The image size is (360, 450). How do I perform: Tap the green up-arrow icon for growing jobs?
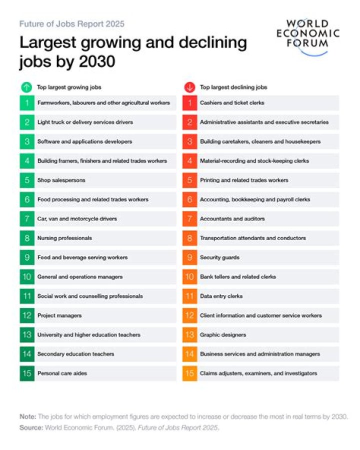click(26, 87)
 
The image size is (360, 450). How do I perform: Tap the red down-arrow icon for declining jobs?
click(189, 87)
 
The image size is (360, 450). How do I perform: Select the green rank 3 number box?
click(27, 142)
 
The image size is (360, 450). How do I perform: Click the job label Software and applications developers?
click(84, 142)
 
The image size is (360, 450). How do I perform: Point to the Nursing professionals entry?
click(64, 238)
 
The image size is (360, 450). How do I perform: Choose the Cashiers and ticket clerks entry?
click(232, 103)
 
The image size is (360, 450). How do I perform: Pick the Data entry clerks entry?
click(221, 296)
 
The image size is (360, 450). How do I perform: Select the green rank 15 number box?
click(27, 373)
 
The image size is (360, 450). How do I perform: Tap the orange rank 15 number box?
click(189, 373)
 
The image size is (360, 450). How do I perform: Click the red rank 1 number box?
click(189, 103)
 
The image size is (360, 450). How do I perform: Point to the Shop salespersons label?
click(61, 180)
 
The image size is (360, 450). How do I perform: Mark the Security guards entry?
click(219, 258)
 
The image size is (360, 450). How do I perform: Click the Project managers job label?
click(59, 315)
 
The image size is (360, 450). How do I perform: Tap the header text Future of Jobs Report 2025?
click(72, 24)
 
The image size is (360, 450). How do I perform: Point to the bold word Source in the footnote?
click(31, 428)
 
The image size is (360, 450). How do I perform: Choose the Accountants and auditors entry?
click(232, 219)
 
